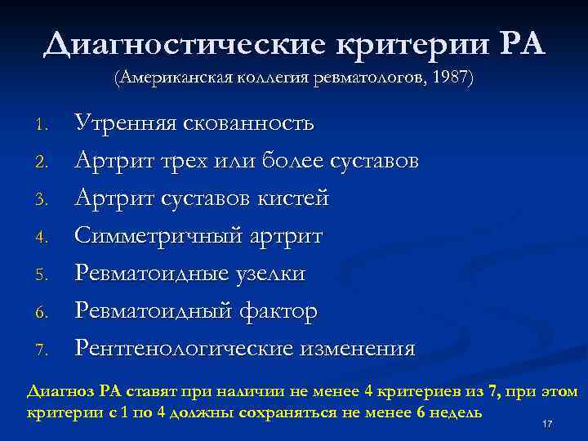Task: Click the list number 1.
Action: [47, 125]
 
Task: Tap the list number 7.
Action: [47, 350]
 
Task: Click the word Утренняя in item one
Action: [127, 123]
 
